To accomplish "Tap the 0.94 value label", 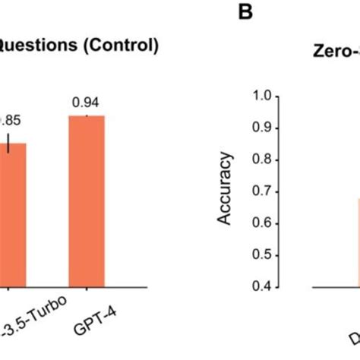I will [86, 102].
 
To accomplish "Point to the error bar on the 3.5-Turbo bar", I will [9, 143].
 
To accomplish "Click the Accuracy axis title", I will [226, 190].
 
